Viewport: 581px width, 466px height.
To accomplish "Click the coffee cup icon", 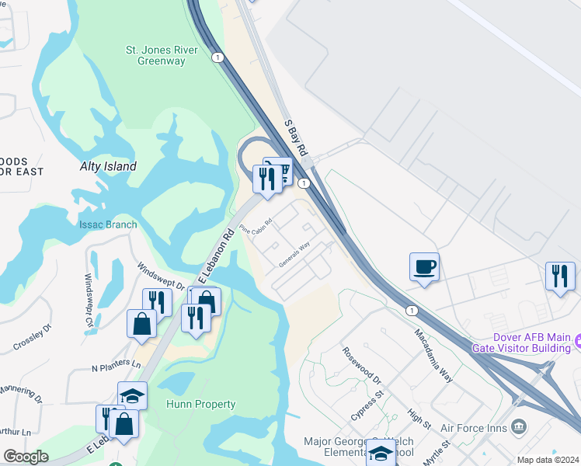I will pyautogui.click(x=424, y=268).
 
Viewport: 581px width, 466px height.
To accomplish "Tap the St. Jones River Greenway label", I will pyautogui.click(x=155, y=55).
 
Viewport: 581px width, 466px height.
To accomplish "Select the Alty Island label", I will pyautogui.click(x=108, y=166).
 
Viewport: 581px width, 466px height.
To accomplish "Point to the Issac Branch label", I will pyautogui.click(x=108, y=225).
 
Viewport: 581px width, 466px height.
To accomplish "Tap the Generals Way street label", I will pyautogui.click(x=294, y=256).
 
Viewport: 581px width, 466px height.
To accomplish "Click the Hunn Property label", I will pyautogui.click(x=200, y=404).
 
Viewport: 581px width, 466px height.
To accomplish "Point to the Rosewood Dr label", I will pyautogui.click(x=363, y=366).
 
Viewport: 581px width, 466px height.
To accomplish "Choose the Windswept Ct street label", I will pyautogui.click(x=89, y=288).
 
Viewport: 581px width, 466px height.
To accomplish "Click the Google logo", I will pyautogui.click(x=26, y=457).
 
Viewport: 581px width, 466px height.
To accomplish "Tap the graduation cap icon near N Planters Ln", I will pyautogui.click(x=133, y=395).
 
